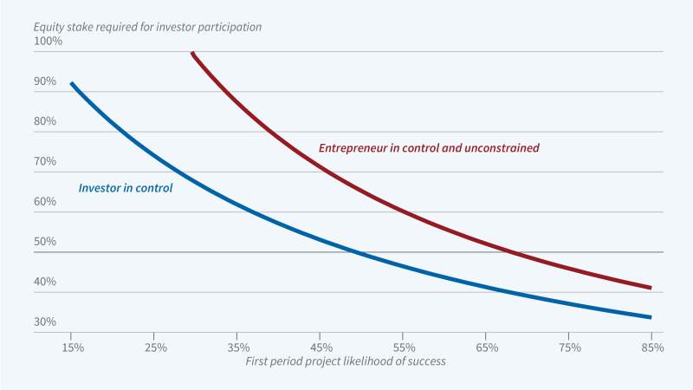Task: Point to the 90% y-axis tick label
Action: pyautogui.click(x=46, y=81)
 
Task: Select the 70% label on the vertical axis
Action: pyautogui.click(x=46, y=161)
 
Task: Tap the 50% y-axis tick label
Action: pyautogui.click(x=46, y=242)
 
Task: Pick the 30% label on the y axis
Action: pyautogui.click(x=46, y=322)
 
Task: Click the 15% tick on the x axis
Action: pyautogui.click(x=73, y=348)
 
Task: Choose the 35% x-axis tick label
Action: pyautogui.click(x=237, y=348)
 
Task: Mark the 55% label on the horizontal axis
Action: pyautogui.click(x=403, y=348)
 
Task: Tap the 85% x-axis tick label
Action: pyautogui.click(x=651, y=348)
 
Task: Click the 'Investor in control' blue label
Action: pyautogui.click(x=126, y=187)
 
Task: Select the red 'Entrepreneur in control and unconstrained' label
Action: pyautogui.click(x=429, y=148)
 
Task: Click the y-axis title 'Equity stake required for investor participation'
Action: pyautogui.click(x=148, y=27)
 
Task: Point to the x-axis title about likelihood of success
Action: pyautogui.click(x=346, y=361)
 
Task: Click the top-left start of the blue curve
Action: pyautogui.click(x=72, y=83)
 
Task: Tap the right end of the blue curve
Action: pyautogui.click(x=651, y=317)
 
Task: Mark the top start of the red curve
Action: pyautogui.click(x=191, y=53)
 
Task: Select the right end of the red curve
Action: pyautogui.click(x=651, y=288)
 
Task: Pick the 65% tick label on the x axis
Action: pyautogui.click(x=486, y=348)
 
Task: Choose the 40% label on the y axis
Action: pyautogui.click(x=46, y=282)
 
